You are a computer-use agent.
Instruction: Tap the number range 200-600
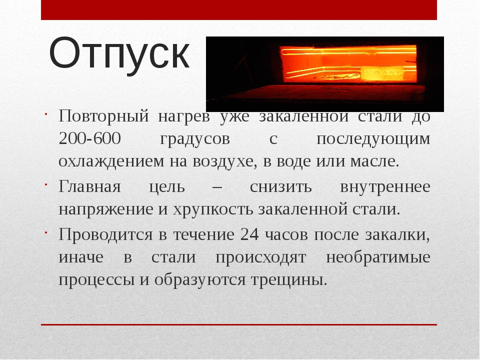click(89, 138)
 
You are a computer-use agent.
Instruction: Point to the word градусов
click(195, 140)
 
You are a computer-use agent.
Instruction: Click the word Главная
click(89, 186)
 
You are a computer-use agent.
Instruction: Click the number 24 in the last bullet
click(250, 235)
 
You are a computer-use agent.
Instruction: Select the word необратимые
click(378, 257)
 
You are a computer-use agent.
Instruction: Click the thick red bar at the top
click(239, 10)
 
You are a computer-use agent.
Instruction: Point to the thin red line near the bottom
click(239, 324)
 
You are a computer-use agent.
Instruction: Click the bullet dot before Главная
click(45, 184)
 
